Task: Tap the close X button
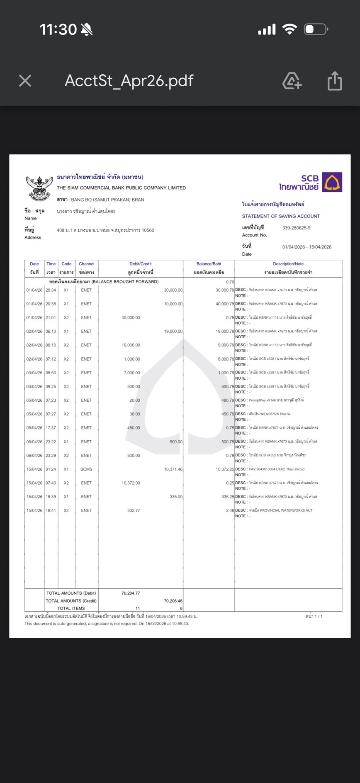point(25,80)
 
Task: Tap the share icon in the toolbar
point(335,80)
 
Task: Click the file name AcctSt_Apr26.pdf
point(129,80)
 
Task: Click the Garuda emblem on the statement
point(39,187)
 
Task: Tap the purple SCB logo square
point(332,182)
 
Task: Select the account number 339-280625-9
point(296,228)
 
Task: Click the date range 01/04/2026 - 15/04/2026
point(306,247)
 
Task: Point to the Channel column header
point(86,264)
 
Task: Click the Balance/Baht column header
point(209,264)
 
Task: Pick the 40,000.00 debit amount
point(131,317)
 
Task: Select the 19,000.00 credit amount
point(173,331)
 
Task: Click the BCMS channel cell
point(86,469)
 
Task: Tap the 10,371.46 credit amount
point(173,469)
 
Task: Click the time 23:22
point(51,442)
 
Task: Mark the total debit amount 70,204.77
point(131,593)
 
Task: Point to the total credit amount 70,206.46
point(173,601)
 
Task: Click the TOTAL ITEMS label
point(71,608)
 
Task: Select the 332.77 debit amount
point(134,510)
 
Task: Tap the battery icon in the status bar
point(316,29)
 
